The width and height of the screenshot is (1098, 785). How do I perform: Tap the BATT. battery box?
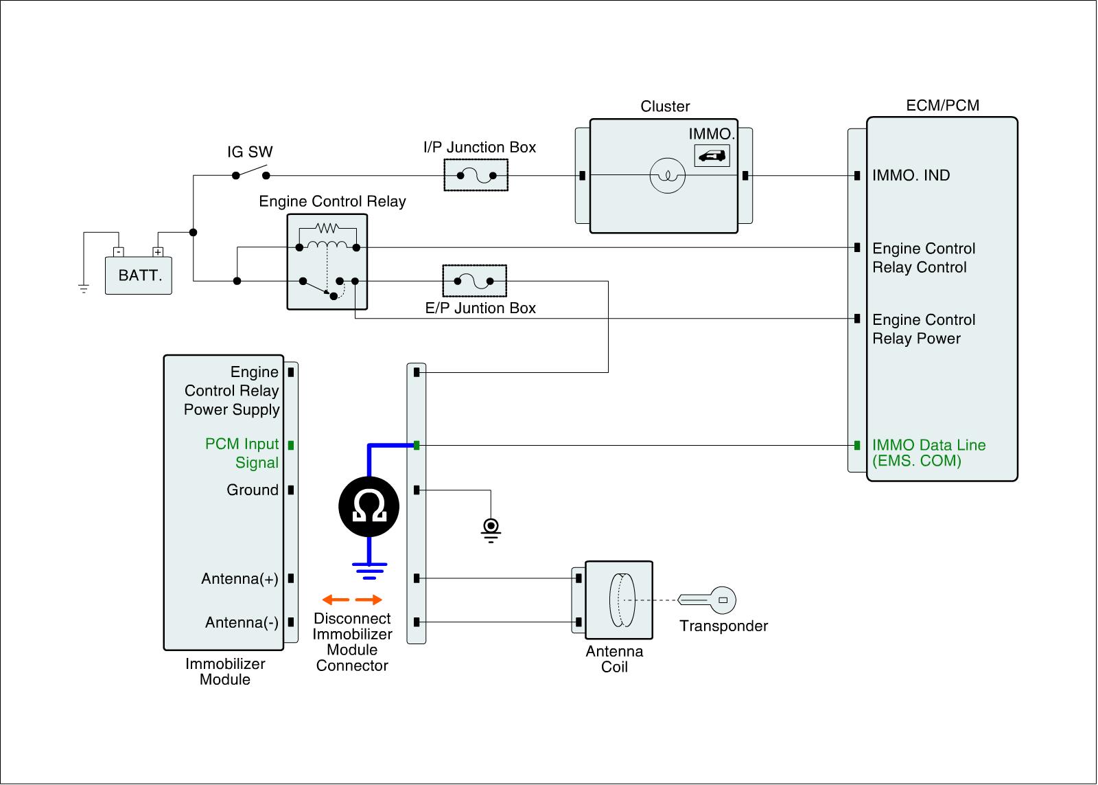point(139,275)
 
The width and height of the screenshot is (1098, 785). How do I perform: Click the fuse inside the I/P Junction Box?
point(476,176)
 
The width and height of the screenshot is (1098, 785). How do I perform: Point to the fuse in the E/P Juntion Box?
point(475,281)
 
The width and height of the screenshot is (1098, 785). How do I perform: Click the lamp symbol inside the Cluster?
point(667,176)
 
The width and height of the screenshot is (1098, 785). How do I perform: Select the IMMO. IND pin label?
point(911,175)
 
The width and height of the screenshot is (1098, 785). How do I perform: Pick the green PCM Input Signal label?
point(242,453)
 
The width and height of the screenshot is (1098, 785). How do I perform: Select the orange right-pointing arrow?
point(370,600)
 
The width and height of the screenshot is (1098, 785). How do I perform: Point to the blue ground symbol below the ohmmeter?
point(370,567)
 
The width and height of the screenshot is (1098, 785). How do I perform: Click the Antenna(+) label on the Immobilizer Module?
point(240,578)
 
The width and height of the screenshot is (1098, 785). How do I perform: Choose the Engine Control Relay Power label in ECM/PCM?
point(923,329)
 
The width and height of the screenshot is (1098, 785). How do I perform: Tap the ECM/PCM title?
point(942,105)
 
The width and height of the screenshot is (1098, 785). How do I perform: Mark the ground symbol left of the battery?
point(84,288)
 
